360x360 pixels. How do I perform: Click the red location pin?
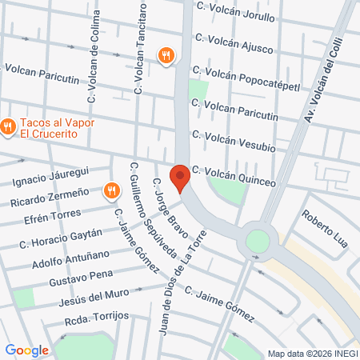180,176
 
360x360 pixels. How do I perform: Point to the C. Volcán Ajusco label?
239,38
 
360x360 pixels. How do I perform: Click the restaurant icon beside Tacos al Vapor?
8,126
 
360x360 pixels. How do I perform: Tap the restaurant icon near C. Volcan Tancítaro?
166,54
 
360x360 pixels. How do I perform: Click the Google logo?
26,350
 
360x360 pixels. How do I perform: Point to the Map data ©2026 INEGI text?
312,354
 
